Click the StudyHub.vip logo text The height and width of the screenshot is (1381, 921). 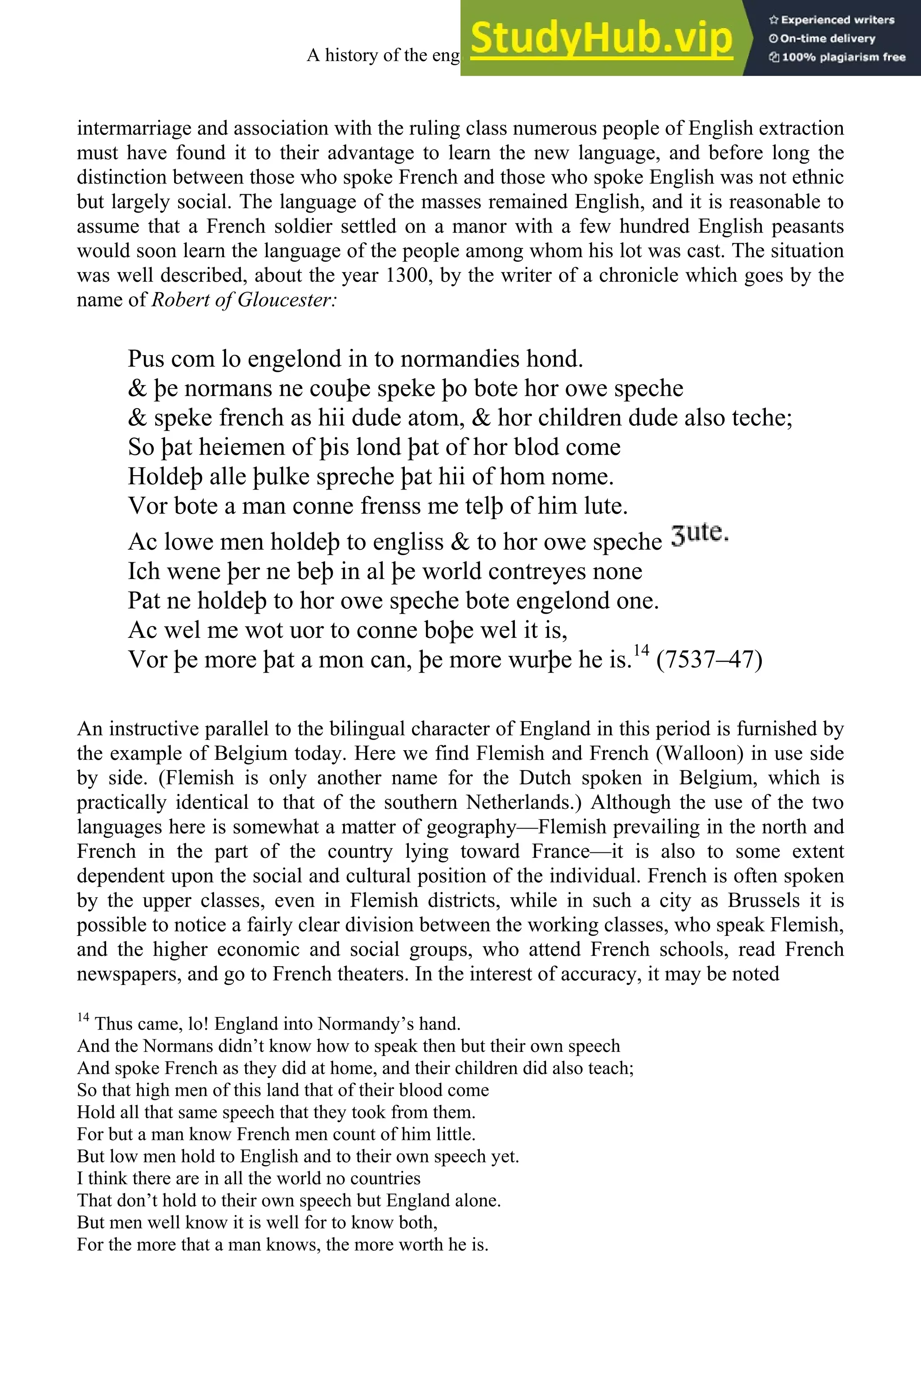[x=601, y=38]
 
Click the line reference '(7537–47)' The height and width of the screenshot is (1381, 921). [x=709, y=659]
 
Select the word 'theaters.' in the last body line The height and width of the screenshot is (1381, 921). [x=380, y=974]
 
